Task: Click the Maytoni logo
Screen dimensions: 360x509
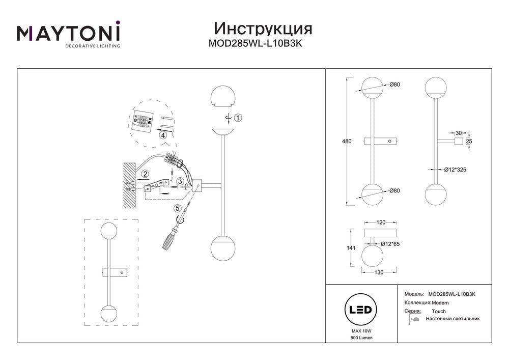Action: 69,35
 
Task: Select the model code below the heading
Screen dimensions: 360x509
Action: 256,44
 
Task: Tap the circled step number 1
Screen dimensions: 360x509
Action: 239,118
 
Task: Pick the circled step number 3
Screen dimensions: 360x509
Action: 180,181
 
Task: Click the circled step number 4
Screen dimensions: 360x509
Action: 162,135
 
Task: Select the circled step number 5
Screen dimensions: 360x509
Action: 177,208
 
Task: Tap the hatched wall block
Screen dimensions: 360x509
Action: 130,184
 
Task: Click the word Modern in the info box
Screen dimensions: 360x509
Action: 440,302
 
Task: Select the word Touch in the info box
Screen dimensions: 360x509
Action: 438,311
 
